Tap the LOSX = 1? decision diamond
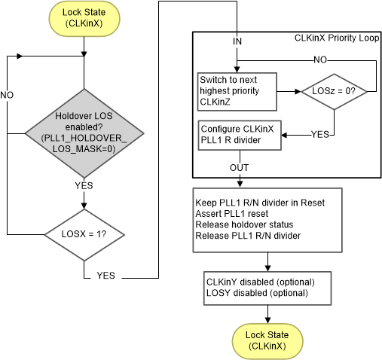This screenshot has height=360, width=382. pyautogui.click(x=84, y=233)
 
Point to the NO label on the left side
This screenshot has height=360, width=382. pyautogui.click(x=8, y=96)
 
